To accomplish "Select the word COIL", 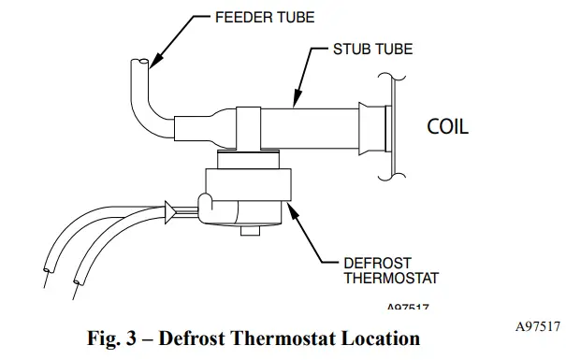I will (447, 126).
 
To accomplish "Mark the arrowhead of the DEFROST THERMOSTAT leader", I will (293, 212).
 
